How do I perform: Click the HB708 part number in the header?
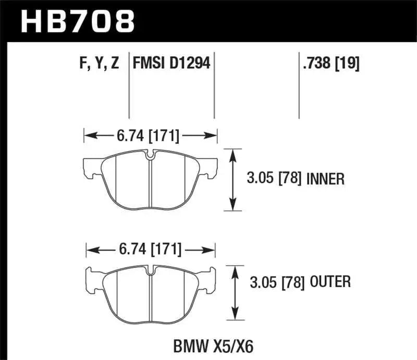point(78,21)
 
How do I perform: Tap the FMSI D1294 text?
point(171,64)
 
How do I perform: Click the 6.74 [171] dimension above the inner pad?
point(150,137)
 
